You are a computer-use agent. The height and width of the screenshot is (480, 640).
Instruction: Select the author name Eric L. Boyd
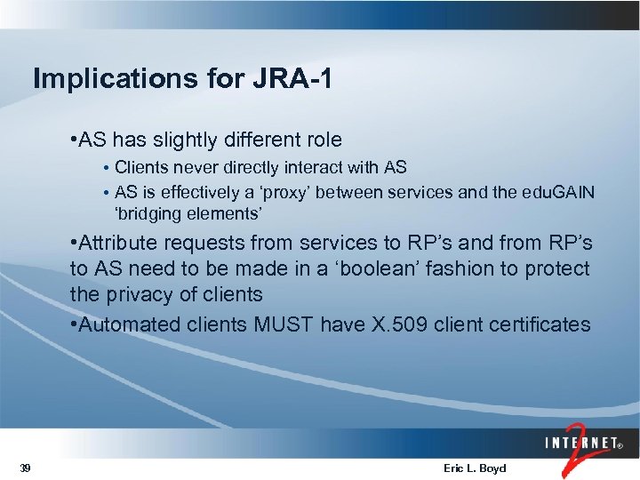pos(473,468)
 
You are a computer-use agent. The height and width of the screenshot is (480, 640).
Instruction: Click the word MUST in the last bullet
pos(280,324)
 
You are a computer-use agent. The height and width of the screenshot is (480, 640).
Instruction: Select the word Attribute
pos(117,243)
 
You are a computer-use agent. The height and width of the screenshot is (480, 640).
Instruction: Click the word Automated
pos(130,324)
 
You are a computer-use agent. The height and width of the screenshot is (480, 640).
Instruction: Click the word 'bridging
pos(150,214)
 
